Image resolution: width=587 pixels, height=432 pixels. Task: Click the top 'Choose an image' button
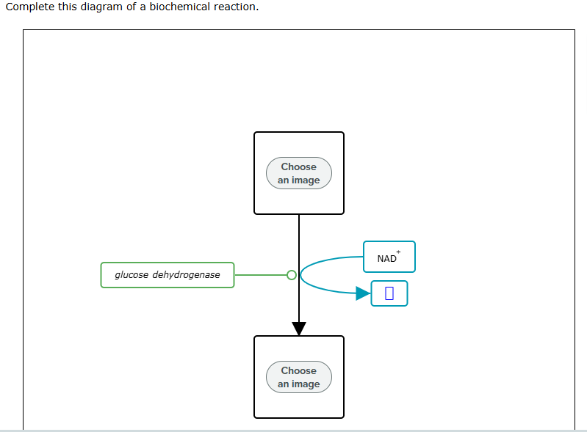[298, 173]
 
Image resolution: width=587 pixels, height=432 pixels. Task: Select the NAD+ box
[389, 257]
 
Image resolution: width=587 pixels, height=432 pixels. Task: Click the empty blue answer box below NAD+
[389, 293]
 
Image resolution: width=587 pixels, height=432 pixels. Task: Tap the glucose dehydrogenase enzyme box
[168, 275]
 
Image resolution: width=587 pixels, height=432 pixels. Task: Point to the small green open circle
[292, 275]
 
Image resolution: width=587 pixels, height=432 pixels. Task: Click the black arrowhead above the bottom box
[299, 328]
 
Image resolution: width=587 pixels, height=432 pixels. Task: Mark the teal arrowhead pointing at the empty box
[363, 293]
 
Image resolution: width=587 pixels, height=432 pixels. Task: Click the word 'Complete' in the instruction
[29, 7]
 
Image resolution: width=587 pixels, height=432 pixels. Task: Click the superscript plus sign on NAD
[398, 252]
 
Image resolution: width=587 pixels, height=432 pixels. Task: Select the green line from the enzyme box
[260, 275]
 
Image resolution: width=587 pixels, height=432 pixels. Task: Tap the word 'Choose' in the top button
[298, 166]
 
